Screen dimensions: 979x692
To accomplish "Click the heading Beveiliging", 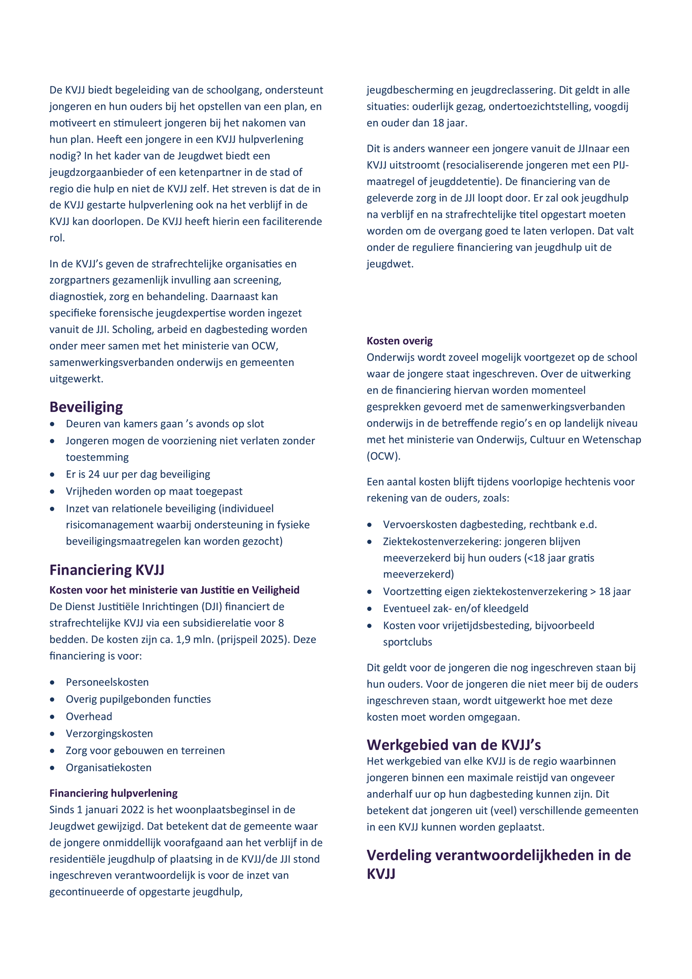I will coord(86,407).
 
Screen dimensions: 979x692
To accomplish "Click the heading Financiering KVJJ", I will coord(107,570).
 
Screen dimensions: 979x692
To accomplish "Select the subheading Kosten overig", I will coord(400,341).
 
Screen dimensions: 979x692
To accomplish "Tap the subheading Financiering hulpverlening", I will coord(113,793).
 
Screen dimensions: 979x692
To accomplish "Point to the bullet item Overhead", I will coord(89,716).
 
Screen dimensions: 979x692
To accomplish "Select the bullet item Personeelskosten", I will coord(107,682).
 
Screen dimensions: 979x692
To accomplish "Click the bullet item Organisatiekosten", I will coord(108,767).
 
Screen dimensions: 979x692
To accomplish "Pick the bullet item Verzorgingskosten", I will coord(109,733).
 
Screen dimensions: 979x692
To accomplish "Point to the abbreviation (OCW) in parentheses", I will coord(383,456).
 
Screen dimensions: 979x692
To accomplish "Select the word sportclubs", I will coord(407,642).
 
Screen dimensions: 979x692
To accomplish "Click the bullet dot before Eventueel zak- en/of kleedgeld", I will coord(369,608).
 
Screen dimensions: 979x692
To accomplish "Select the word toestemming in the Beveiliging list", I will coord(97,457).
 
